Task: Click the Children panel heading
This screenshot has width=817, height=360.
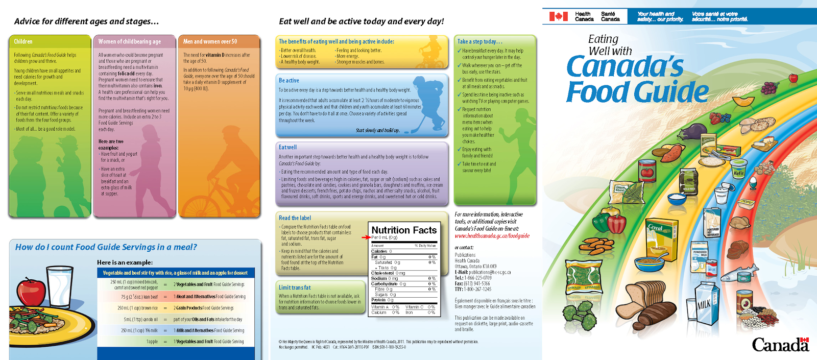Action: click(x=23, y=41)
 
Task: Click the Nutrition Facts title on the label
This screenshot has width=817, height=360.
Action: click(x=404, y=230)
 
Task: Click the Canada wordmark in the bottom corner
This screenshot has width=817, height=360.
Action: click(x=780, y=345)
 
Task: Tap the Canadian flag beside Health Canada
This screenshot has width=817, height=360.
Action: click(x=558, y=16)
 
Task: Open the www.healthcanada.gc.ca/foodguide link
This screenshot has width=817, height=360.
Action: click(x=492, y=236)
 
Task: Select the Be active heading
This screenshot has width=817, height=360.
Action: click(x=289, y=80)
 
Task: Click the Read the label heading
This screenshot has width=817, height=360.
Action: click(x=295, y=218)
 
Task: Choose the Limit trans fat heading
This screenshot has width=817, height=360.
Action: click(x=295, y=287)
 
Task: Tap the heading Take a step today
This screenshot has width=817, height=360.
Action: click(x=479, y=41)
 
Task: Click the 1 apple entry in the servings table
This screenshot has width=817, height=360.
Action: click(x=152, y=342)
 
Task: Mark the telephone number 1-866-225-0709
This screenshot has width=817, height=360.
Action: click(x=477, y=278)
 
